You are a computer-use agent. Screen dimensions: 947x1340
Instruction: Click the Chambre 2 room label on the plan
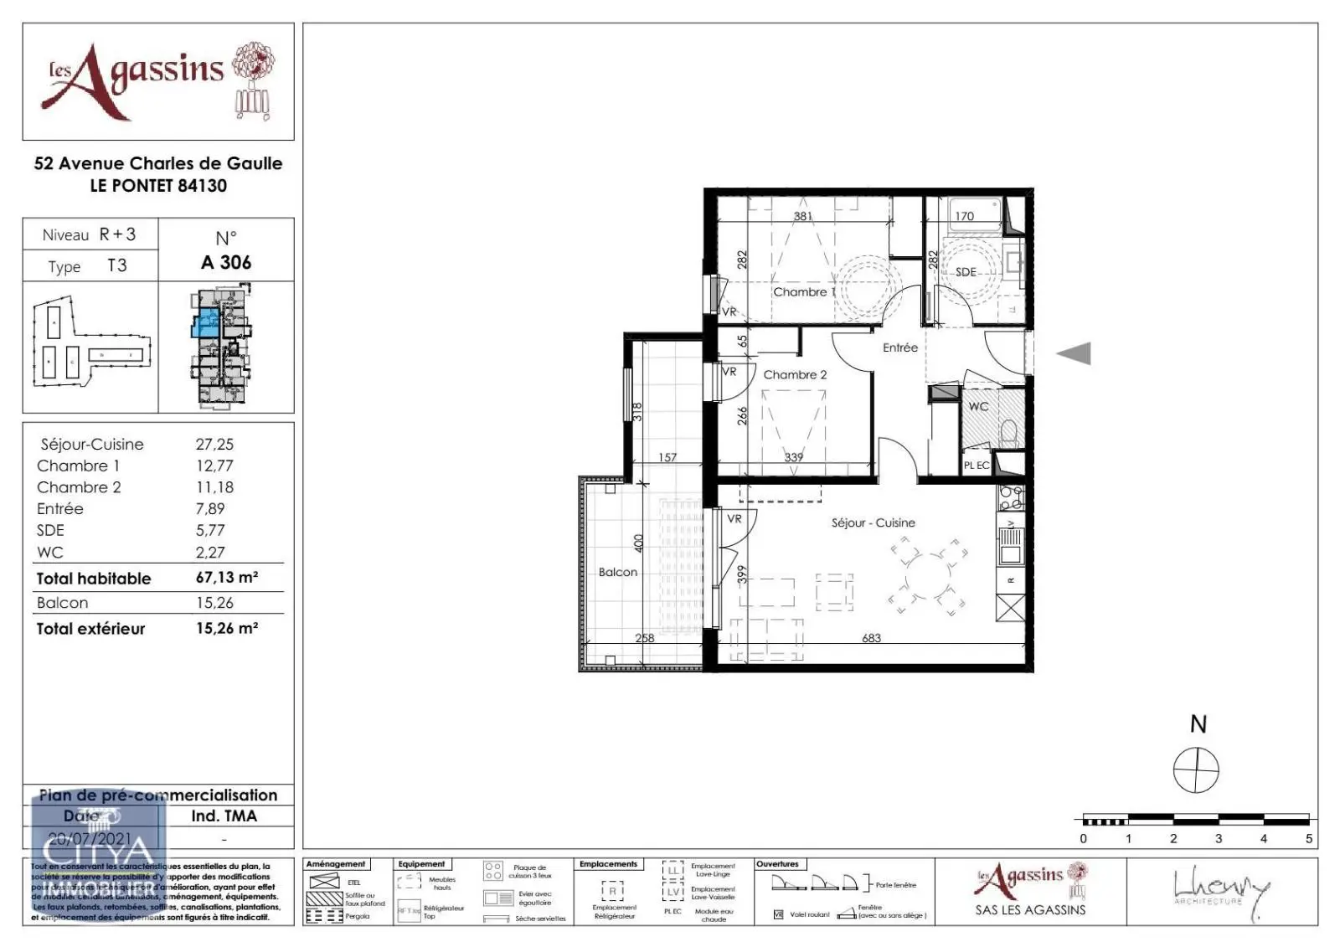click(795, 375)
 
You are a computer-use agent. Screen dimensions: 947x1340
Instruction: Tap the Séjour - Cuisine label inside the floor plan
click(873, 522)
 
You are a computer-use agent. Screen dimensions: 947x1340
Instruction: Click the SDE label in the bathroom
click(966, 272)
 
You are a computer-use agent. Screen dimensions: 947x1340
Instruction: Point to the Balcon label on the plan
click(617, 572)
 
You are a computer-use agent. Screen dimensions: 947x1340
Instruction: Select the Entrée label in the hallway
click(899, 347)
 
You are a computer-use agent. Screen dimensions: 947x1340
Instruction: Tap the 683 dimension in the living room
click(871, 638)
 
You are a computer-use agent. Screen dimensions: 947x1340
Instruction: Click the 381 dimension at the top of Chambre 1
click(802, 216)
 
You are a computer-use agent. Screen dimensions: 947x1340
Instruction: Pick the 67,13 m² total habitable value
click(226, 578)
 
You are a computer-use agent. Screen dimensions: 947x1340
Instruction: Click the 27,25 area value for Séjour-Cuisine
click(214, 445)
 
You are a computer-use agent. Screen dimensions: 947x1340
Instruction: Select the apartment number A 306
click(226, 262)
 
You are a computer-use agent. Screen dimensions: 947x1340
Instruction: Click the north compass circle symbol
click(1196, 770)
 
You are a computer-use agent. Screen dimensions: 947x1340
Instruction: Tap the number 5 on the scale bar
click(1309, 838)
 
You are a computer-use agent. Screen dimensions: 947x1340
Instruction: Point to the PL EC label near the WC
click(976, 466)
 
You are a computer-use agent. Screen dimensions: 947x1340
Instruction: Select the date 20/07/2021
click(90, 837)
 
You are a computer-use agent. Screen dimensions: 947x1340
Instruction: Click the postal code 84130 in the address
click(202, 186)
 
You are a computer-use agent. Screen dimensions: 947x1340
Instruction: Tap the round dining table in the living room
click(927, 576)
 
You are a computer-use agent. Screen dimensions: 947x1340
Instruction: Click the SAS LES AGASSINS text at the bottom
click(1029, 909)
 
